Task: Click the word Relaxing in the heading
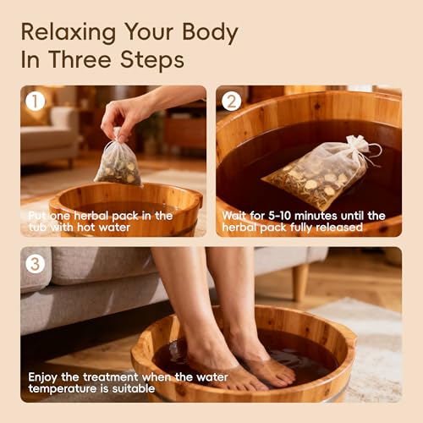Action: click(x=69, y=33)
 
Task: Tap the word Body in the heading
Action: click(x=210, y=33)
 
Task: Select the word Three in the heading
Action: click(x=80, y=59)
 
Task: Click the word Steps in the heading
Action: click(x=152, y=60)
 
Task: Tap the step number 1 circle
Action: click(x=36, y=102)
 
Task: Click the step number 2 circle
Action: click(x=231, y=102)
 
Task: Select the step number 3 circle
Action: click(x=36, y=264)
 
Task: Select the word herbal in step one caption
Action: click(x=91, y=216)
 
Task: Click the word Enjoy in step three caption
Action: click(x=43, y=377)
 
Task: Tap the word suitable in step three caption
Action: click(x=134, y=388)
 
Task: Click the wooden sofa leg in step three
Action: click(x=300, y=282)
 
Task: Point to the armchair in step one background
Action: click(x=50, y=135)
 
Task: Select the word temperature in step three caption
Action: click(x=63, y=389)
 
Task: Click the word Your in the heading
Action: click(x=149, y=33)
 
